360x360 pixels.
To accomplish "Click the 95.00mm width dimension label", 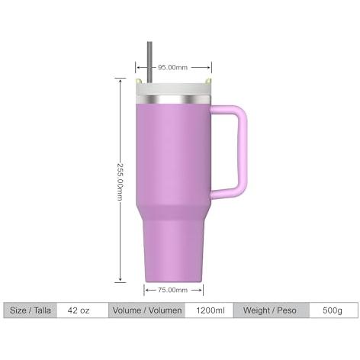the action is [x=172, y=68].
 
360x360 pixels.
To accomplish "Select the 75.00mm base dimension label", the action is [x=172, y=290].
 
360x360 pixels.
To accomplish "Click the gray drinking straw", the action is [x=149, y=63].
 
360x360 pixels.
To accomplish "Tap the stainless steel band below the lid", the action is [x=173, y=99].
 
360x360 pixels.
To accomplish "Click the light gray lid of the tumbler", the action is [x=173, y=89].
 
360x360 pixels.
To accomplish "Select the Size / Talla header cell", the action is [x=31, y=310].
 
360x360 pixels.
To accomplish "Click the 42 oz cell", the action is [x=79, y=310].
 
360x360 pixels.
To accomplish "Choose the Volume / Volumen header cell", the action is [x=147, y=310].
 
